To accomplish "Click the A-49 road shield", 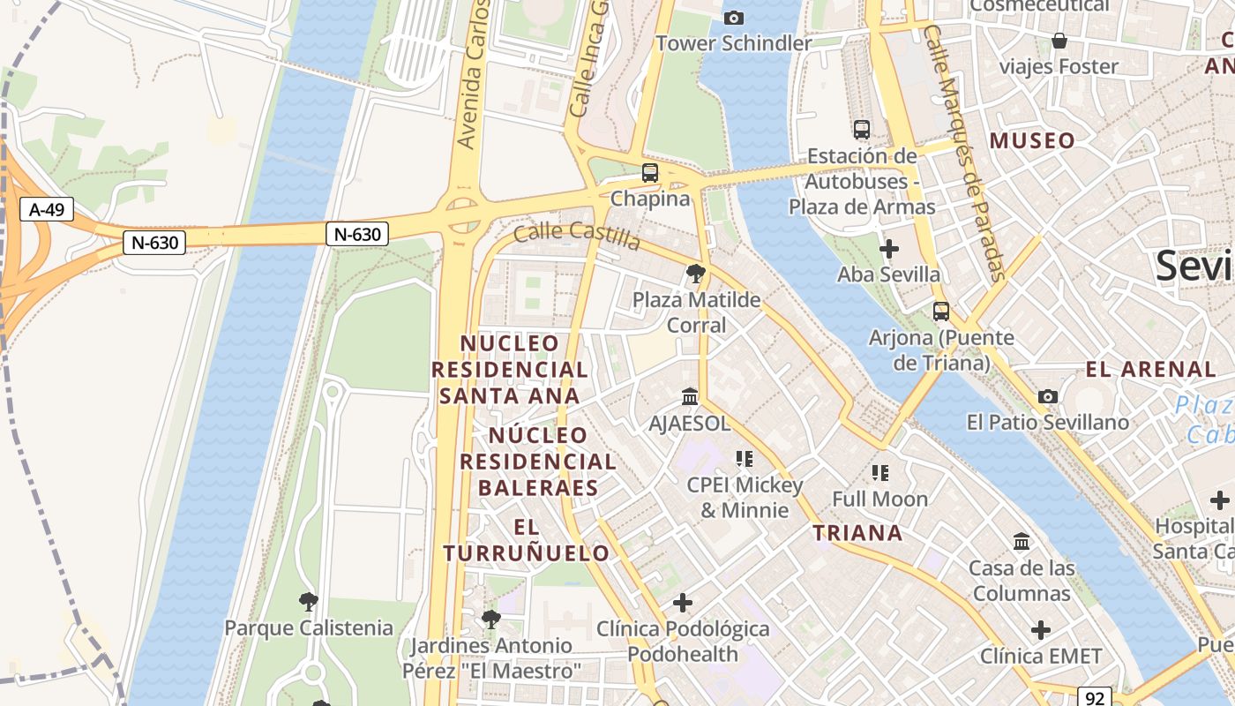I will pos(47,210).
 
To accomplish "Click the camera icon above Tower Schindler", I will pos(733,18).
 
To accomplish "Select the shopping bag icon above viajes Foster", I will pos(1059,41).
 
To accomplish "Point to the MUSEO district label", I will pos(1032,140).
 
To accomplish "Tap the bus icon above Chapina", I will pos(650,173).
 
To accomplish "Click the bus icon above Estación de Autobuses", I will pos(862,130).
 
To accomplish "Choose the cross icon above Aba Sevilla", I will pos(889,249).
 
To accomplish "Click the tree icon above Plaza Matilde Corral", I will pos(695,274).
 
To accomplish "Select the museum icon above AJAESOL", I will pos(690,397).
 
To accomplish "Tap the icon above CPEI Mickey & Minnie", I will pos(745,459).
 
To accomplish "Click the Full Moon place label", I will pos(879,499).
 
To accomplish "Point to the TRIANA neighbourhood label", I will pos(857,533).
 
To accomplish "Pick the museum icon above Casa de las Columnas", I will pos(1022,541).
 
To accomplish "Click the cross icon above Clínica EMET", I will pos(1041,630).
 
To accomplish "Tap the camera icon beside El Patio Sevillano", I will pos(1048,397).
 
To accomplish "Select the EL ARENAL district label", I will pos(1151,370).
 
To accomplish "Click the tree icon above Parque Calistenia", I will pos(308,602).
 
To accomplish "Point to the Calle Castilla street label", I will pos(576,235).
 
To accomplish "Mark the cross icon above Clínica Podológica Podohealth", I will pos(682,603).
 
